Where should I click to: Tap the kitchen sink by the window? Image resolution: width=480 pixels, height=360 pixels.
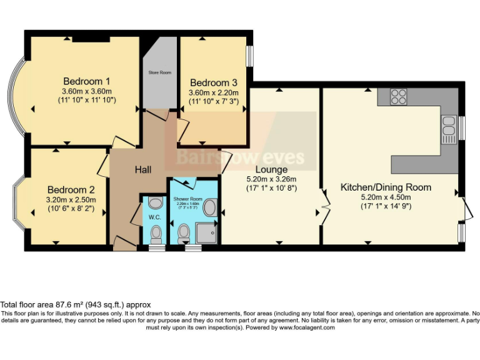click(449, 126)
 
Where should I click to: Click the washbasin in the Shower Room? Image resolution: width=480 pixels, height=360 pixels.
click(211, 208)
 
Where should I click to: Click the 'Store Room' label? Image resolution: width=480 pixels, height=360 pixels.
click(159, 73)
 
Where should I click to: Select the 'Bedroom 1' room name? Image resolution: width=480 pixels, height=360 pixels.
click(87, 81)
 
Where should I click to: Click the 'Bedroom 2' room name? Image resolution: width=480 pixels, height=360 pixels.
click(71, 190)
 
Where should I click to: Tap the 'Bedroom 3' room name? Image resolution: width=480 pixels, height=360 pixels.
click(214, 83)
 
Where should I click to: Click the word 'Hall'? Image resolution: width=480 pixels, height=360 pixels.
click(144, 169)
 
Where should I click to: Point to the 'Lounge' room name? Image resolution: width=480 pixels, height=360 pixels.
click(272, 169)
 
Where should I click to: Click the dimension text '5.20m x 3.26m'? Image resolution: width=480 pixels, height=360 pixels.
click(272, 179)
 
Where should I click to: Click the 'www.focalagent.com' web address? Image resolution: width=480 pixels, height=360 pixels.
click(306, 327)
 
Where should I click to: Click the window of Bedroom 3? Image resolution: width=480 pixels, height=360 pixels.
click(249, 56)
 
